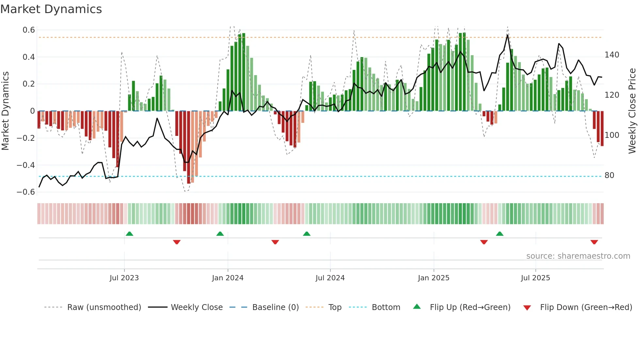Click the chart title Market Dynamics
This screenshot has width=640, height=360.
51,9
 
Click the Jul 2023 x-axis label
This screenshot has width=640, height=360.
124,278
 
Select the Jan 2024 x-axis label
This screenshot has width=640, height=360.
228,278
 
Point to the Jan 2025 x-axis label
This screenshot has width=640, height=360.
434,278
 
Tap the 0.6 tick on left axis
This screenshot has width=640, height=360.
29,30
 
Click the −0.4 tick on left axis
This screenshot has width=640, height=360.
26,165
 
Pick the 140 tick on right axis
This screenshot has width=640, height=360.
612,55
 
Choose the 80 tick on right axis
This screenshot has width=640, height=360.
609,175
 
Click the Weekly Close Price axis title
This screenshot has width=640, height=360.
632,111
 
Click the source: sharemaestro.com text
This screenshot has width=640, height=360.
578,256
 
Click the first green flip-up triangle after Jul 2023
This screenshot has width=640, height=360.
129,234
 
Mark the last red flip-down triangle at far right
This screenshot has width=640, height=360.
594,242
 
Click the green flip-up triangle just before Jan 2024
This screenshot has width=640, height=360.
220,234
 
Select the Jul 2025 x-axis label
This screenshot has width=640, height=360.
535,278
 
